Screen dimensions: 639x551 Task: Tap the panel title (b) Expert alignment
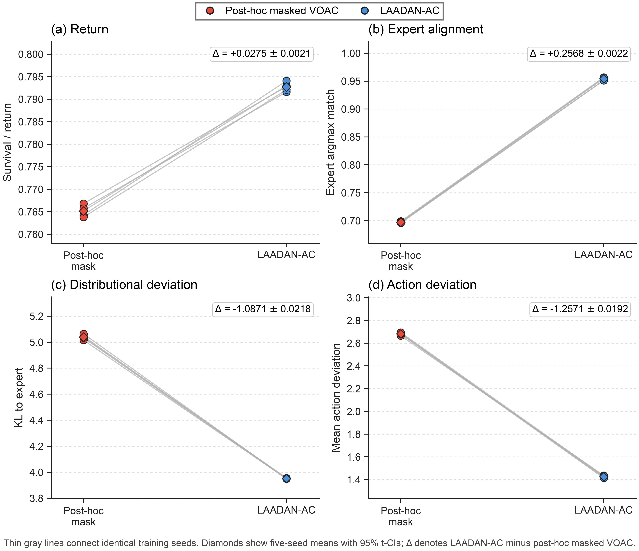tap(426, 29)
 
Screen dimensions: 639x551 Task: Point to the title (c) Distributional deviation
tap(124, 285)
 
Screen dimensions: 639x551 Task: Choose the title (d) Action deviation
tap(423, 285)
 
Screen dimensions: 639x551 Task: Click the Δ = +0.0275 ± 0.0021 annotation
tap(262, 54)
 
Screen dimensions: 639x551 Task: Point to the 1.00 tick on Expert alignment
tap(351, 54)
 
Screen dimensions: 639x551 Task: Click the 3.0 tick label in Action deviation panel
tap(354, 298)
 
